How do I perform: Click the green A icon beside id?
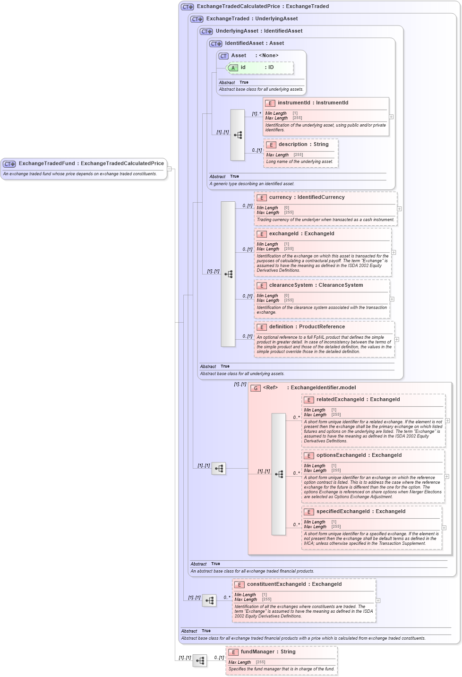[233, 68]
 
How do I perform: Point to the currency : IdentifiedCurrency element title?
[307, 197]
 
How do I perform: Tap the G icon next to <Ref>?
[256, 388]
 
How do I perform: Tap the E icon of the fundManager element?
[233, 652]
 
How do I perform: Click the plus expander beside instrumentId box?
[391, 117]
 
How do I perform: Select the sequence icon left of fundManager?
[200, 660]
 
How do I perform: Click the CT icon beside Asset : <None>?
[223, 56]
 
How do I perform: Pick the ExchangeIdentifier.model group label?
[323, 388]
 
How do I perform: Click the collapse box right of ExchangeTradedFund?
[169, 169]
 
